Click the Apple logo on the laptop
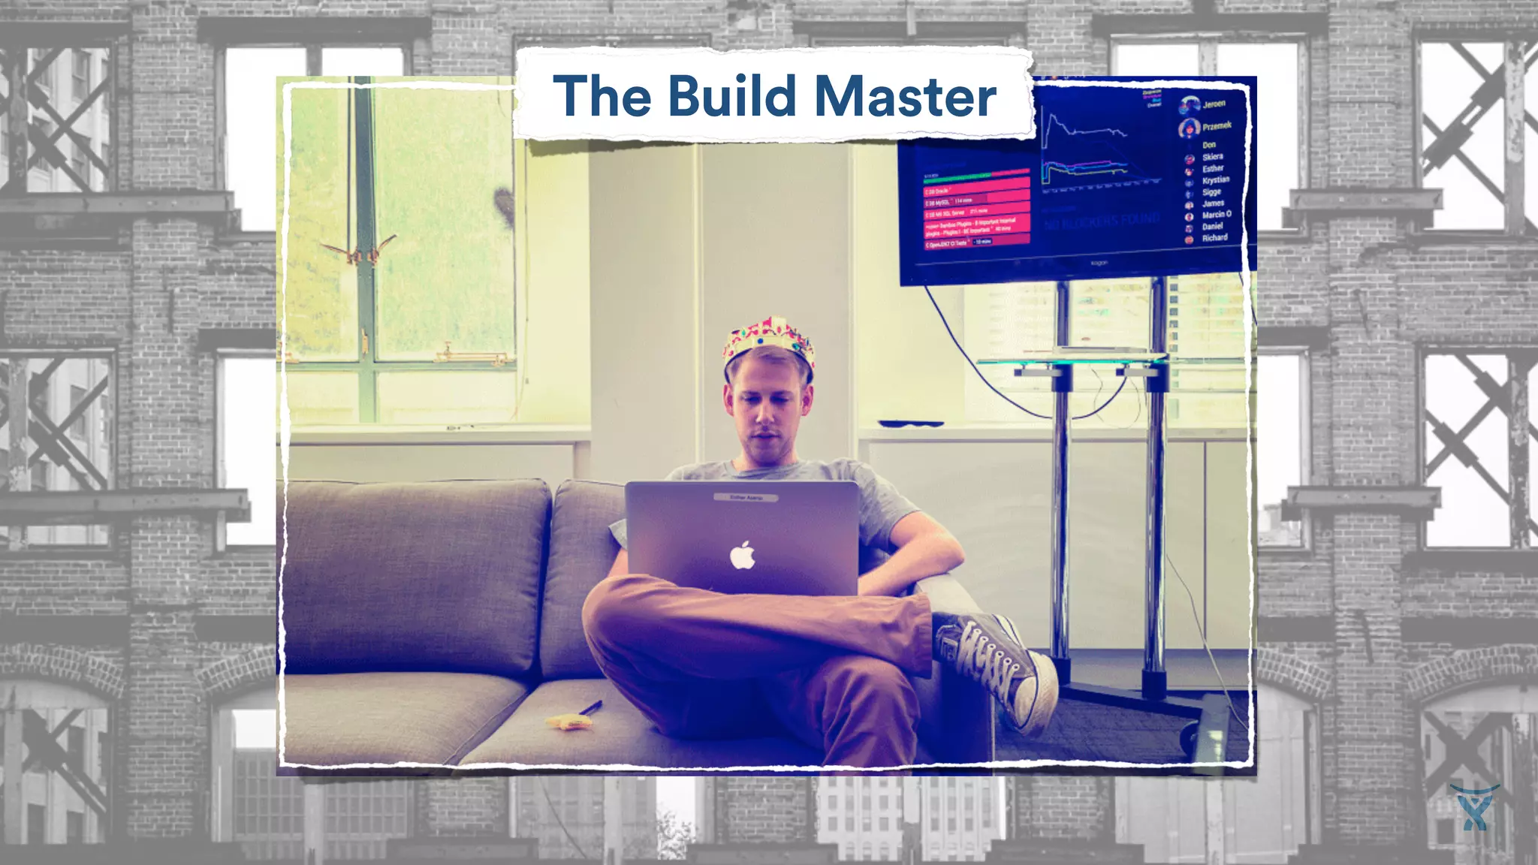(742, 556)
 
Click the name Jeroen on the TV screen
(1214, 104)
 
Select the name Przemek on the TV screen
(1217, 126)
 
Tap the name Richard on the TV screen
(1214, 238)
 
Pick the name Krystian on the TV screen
(1215, 180)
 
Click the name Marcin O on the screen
(1217, 215)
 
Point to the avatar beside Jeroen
(1189, 106)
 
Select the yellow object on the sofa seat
(565, 722)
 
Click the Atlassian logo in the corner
(1473, 807)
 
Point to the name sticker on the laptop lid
(745, 497)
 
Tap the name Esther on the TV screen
(1212, 169)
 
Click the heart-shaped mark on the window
(504, 206)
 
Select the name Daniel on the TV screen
(1212, 226)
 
